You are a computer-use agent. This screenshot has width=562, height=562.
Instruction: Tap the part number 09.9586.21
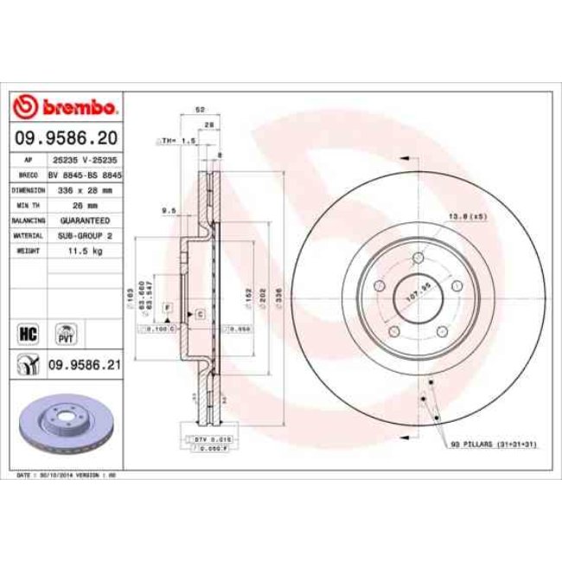point(84,365)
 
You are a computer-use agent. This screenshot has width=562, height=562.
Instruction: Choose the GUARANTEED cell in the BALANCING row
point(85,220)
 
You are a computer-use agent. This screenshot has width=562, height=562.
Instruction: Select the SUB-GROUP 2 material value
point(85,234)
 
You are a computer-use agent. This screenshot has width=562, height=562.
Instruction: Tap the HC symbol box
point(27,332)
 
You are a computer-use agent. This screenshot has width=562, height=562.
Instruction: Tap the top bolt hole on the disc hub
point(417,258)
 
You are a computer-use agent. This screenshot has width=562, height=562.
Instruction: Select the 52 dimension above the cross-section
point(200,110)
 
